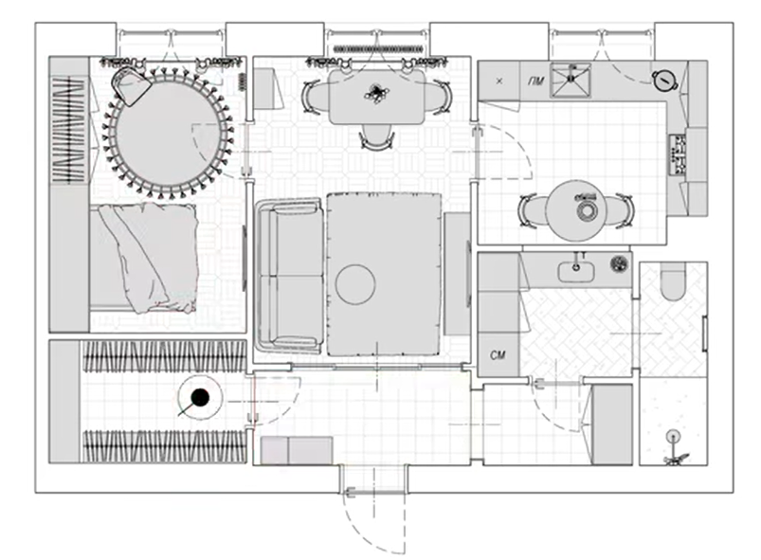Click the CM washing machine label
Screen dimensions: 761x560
[498, 355]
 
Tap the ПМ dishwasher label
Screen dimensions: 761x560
[535, 81]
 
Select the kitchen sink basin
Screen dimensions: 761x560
[571, 81]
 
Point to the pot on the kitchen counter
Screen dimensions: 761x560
[664, 81]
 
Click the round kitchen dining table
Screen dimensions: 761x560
[575, 210]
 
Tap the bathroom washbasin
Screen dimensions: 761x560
[576, 272]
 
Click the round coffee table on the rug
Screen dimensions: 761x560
[355, 284]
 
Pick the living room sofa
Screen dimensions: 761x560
[290, 276]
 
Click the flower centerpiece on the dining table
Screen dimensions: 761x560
[376, 93]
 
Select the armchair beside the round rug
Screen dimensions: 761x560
[131, 86]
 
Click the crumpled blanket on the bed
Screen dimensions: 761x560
[148, 258]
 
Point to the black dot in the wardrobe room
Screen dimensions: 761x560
[199, 397]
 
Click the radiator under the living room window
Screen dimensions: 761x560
[378, 49]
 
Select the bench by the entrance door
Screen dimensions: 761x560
[297, 450]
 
